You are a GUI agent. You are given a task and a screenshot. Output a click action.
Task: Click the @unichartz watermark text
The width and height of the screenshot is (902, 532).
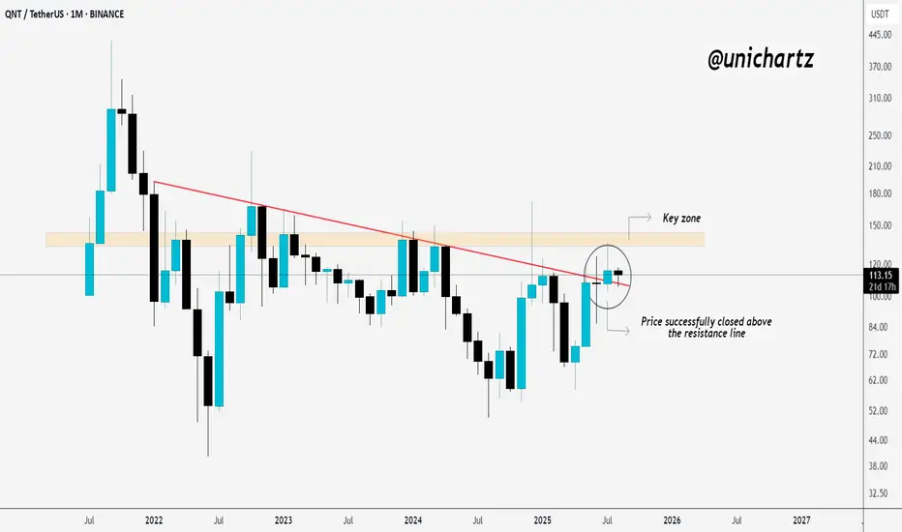[760, 60]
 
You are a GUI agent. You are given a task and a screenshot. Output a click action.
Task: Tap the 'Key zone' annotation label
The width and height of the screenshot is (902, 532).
[681, 219]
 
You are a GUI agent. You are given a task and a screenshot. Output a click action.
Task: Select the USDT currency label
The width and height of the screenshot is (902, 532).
[880, 14]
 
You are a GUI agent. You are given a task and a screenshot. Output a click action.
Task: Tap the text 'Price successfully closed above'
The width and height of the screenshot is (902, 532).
[707, 321]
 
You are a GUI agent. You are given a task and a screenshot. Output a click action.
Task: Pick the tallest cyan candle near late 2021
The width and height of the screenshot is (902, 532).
[111, 149]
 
